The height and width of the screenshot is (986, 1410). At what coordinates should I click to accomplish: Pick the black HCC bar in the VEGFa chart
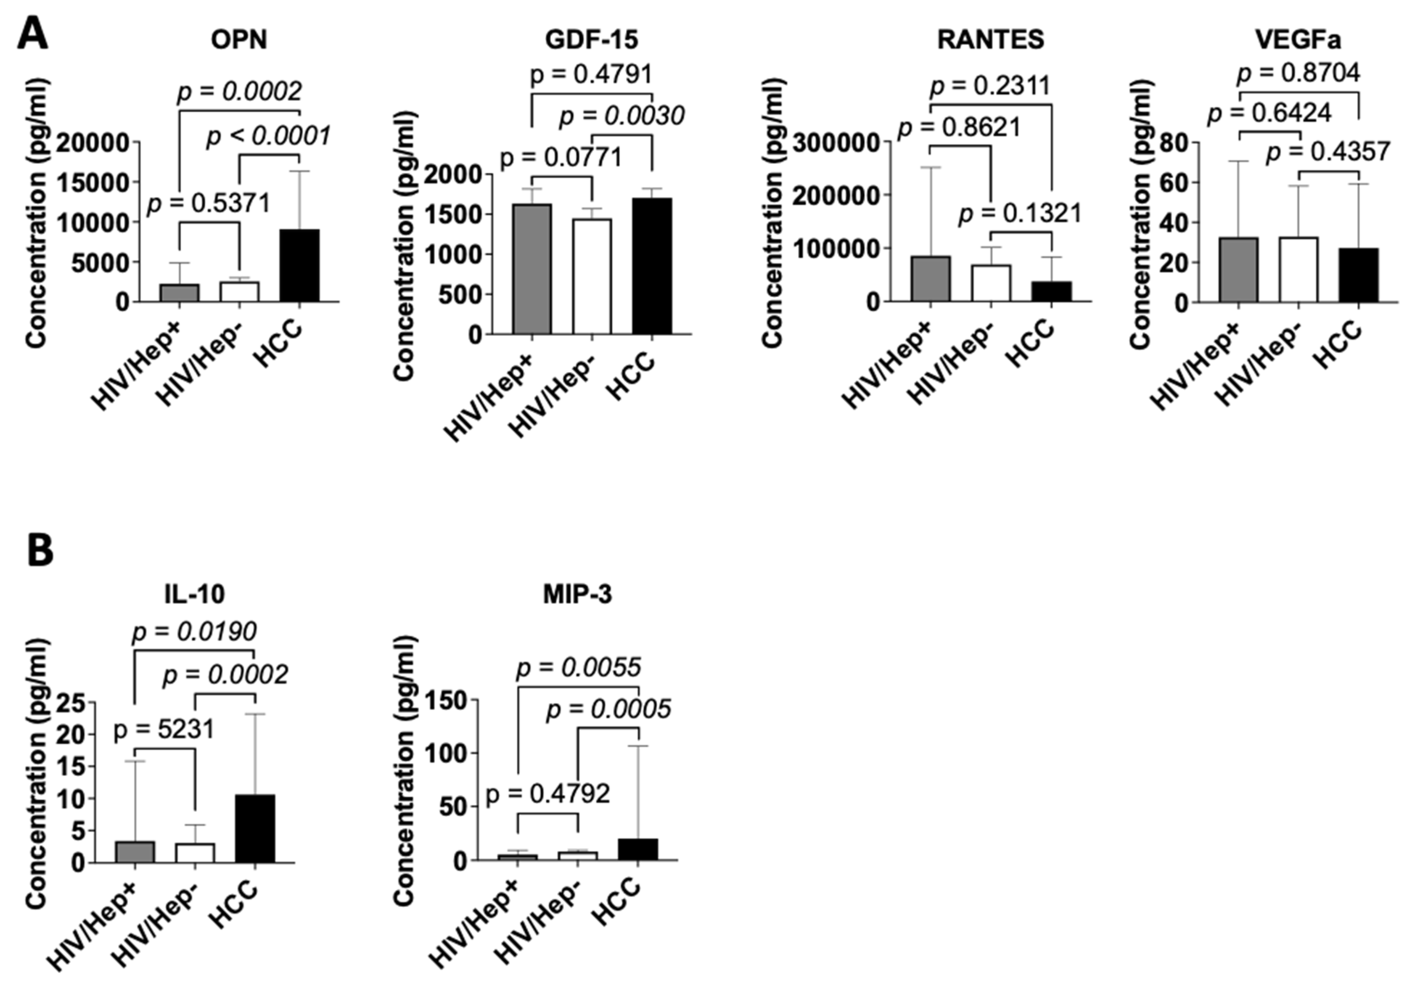click(x=1358, y=275)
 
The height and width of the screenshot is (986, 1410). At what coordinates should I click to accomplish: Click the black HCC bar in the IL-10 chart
click(x=255, y=828)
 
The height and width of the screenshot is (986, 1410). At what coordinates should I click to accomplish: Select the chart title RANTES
click(x=990, y=40)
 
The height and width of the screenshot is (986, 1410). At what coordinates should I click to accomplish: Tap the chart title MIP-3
click(x=577, y=594)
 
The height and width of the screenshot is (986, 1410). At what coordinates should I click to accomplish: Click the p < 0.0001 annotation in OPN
click(x=268, y=136)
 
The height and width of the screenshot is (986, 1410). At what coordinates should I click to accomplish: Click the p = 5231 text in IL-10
click(x=164, y=729)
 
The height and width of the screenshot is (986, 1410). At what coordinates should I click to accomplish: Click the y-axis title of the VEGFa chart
click(x=1141, y=215)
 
